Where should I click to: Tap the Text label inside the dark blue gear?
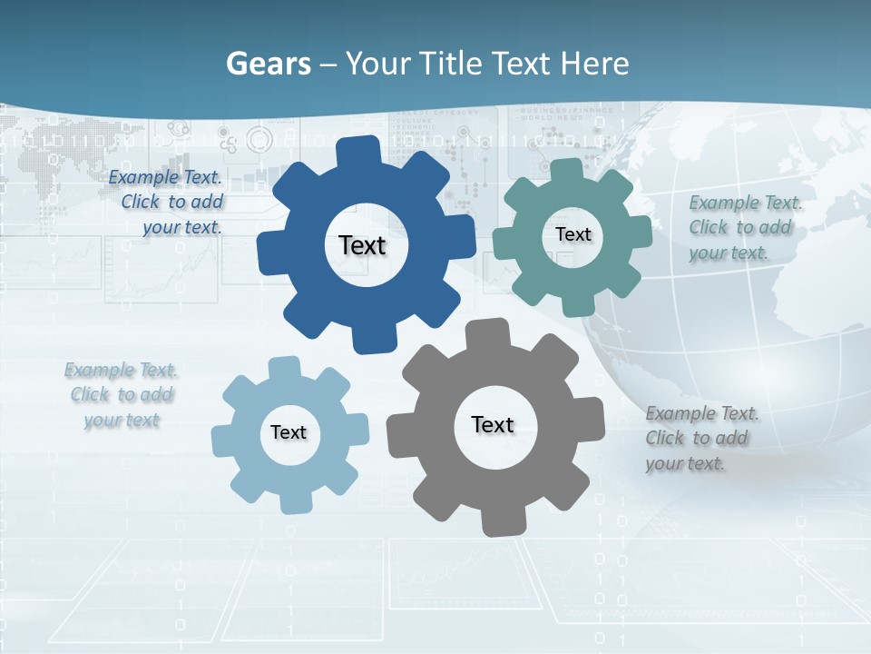(x=362, y=245)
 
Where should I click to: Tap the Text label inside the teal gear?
(x=573, y=234)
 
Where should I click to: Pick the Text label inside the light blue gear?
(x=289, y=432)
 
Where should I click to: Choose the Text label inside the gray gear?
(x=493, y=425)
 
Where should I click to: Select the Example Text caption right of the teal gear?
(x=745, y=228)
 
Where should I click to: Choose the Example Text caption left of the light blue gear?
(x=122, y=395)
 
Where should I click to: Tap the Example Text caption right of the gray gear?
(x=701, y=439)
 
